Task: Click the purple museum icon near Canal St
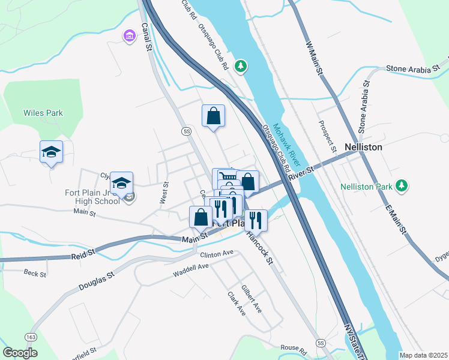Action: (129, 37)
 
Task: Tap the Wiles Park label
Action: (43, 113)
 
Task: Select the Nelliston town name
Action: (364, 146)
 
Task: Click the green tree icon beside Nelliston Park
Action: (402, 186)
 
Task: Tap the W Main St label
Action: (315, 58)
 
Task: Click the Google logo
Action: (20, 353)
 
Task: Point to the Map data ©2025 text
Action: (423, 355)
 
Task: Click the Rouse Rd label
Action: (294, 347)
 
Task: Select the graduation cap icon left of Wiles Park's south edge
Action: (52, 152)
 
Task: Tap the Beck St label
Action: (35, 274)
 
